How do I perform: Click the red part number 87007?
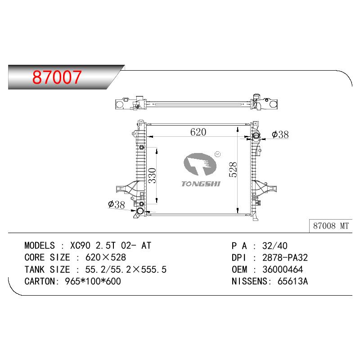(57, 77)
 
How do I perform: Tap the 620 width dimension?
(198, 132)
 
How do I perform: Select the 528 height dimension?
(233, 170)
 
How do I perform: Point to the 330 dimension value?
(152, 175)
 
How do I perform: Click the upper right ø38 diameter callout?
(280, 135)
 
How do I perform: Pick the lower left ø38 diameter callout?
(117, 204)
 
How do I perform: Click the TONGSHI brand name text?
(201, 184)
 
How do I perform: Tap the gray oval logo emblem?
(200, 164)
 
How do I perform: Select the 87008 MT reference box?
(331, 226)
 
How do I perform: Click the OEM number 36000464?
(283, 270)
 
